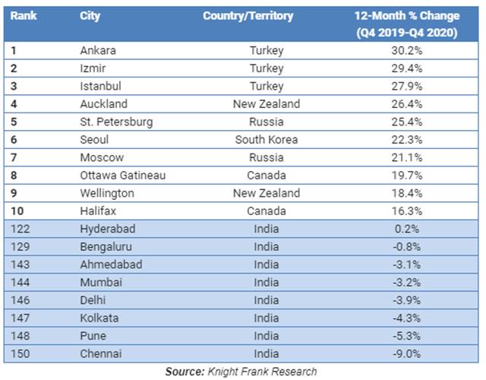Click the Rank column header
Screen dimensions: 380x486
pos(23,16)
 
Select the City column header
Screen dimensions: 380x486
pos(90,16)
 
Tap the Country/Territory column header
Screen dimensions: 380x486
pos(248,16)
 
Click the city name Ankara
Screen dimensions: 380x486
pos(98,51)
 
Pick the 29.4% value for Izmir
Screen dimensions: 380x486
pos(407,68)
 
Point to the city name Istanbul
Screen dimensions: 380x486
pos(100,87)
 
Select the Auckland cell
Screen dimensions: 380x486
pos(103,104)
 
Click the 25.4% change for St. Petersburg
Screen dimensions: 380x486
pos(407,122)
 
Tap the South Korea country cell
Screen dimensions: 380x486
pos(266,140)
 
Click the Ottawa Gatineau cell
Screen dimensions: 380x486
pos(123,176)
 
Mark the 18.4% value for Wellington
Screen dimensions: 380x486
pos(407,193)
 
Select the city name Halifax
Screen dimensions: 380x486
pos(98,211)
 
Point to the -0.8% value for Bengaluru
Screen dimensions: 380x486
pos(407,247)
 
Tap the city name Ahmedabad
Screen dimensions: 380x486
pos(111,264)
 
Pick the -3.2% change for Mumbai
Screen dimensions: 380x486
pos(407,283)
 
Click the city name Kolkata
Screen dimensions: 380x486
pos(99,318)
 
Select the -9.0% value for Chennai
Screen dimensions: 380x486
pos(407,354)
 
